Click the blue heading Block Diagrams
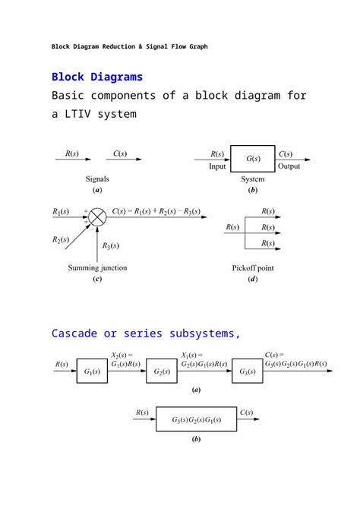point(96,77)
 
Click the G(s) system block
point(253,160)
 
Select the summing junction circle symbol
point(97,218)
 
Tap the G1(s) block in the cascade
point(92,371)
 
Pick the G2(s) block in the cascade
point(162,371)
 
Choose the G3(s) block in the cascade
point(248,371)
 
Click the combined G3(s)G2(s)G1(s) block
point(197,419)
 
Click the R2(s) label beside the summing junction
point(62,240)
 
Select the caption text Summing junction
point(97,267)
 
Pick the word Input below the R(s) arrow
point(216,166)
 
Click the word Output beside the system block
point(289,166)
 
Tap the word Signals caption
point(96,179)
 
